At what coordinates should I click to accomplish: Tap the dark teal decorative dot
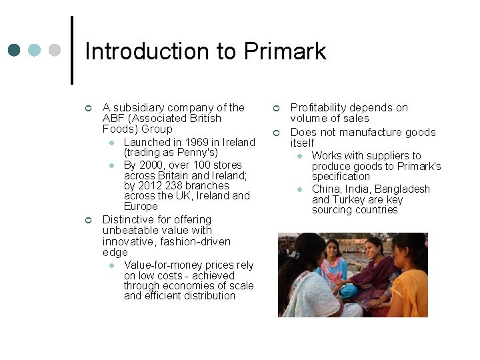(x=15, y=50)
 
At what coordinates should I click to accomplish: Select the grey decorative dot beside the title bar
(x=55, y=50)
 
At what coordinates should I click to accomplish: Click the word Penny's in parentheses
(x=199, y=153)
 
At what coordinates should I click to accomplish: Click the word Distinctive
(x=128, y=219)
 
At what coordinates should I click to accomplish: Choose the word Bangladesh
(x=402, y=189)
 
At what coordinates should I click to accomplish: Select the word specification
(x=341, y=176)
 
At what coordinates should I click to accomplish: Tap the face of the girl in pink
(x=330, y=248)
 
